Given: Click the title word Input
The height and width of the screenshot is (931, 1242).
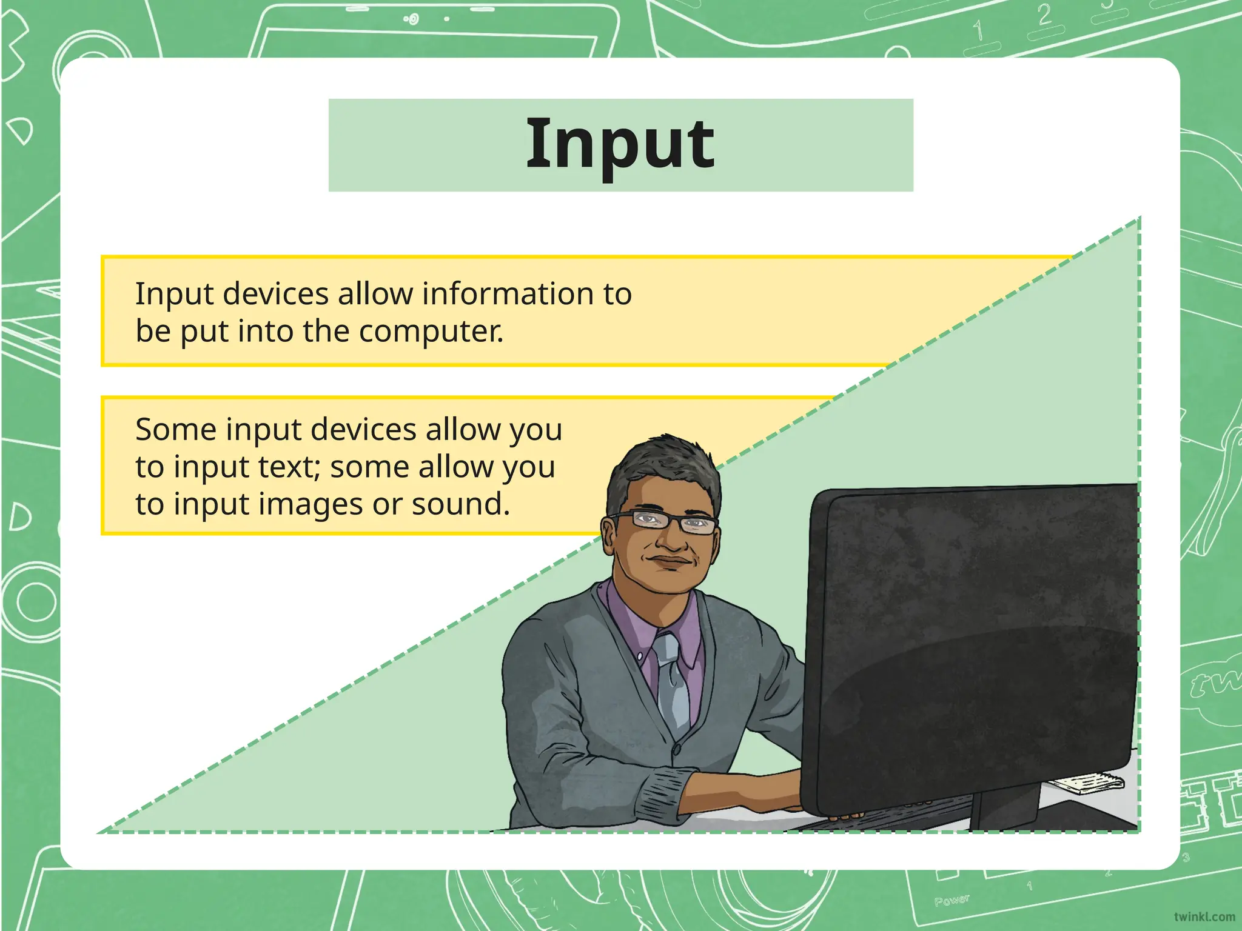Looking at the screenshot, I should (620, 145).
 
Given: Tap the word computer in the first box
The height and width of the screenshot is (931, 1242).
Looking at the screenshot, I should (431, 332).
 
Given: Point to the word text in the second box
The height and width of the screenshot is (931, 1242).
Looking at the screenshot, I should (290, 467).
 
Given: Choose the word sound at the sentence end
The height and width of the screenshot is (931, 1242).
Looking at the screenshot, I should (460, 504).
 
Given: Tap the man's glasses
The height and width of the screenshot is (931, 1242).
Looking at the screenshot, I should (664, 522).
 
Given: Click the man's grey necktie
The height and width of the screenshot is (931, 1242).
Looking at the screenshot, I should (672, 679).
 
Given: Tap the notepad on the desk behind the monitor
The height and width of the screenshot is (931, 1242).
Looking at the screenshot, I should (1086, 783).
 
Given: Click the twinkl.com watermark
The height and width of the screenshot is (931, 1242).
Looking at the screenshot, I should (1204, 917).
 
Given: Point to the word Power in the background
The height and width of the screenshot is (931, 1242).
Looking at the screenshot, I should (952, 900).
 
